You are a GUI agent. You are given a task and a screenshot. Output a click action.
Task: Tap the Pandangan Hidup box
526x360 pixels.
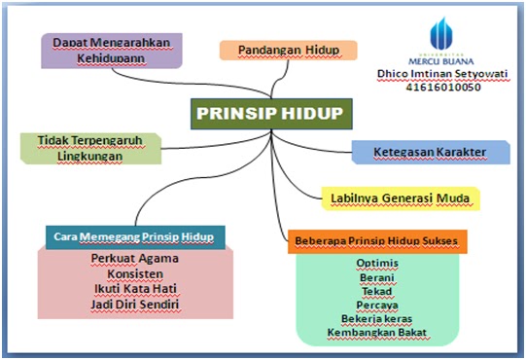click(273, 50)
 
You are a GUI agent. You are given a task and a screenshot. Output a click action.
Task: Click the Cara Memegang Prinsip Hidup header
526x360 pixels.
click(134, 236)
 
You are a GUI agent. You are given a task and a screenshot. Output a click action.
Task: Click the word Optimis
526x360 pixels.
click(376, 263)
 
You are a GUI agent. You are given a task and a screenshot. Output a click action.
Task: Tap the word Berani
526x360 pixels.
click(376, 276)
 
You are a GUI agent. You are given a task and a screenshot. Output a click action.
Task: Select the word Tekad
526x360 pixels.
click(376, 290)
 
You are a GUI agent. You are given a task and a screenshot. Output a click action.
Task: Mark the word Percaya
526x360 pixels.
click(376, 305)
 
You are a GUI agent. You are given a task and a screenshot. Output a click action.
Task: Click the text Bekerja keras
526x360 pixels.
click(376, 318)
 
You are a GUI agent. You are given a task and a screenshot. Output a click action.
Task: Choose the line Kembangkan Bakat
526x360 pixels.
click(376, 333)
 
